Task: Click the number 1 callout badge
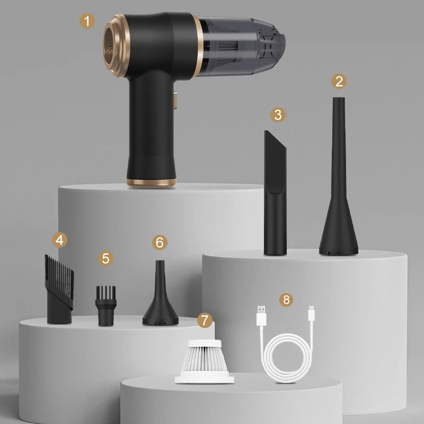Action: pyautogui.click(x=88, y=21)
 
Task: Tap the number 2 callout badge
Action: pyautogui.click(x=339, y=81)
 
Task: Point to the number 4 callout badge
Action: pyautogui.click(x=60, y=240)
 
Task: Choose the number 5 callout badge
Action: pyautogui.click(x=106, y=258)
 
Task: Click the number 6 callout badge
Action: pyautogui.click(x=160, y=242)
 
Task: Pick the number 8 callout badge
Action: pyautogui.click(x=287, y=299)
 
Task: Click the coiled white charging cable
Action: pyautogui.click(x=286, y=355)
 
